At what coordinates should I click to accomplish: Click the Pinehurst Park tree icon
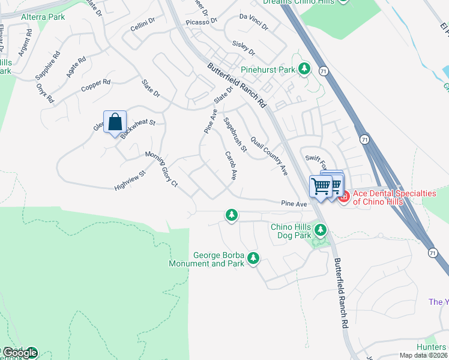coord(304,70)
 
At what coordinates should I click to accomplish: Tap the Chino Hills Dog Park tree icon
coord(321,230)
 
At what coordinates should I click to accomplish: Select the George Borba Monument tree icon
coord(254,258)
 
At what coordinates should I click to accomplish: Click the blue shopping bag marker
coord(115,122)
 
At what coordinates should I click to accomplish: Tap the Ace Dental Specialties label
coord(394,197)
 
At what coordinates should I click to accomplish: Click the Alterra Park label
coord(43,17)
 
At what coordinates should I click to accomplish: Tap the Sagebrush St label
coord(235,134)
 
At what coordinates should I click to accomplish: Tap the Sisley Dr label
coord(244,47)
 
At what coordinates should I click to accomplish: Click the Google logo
coord(19,353)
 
